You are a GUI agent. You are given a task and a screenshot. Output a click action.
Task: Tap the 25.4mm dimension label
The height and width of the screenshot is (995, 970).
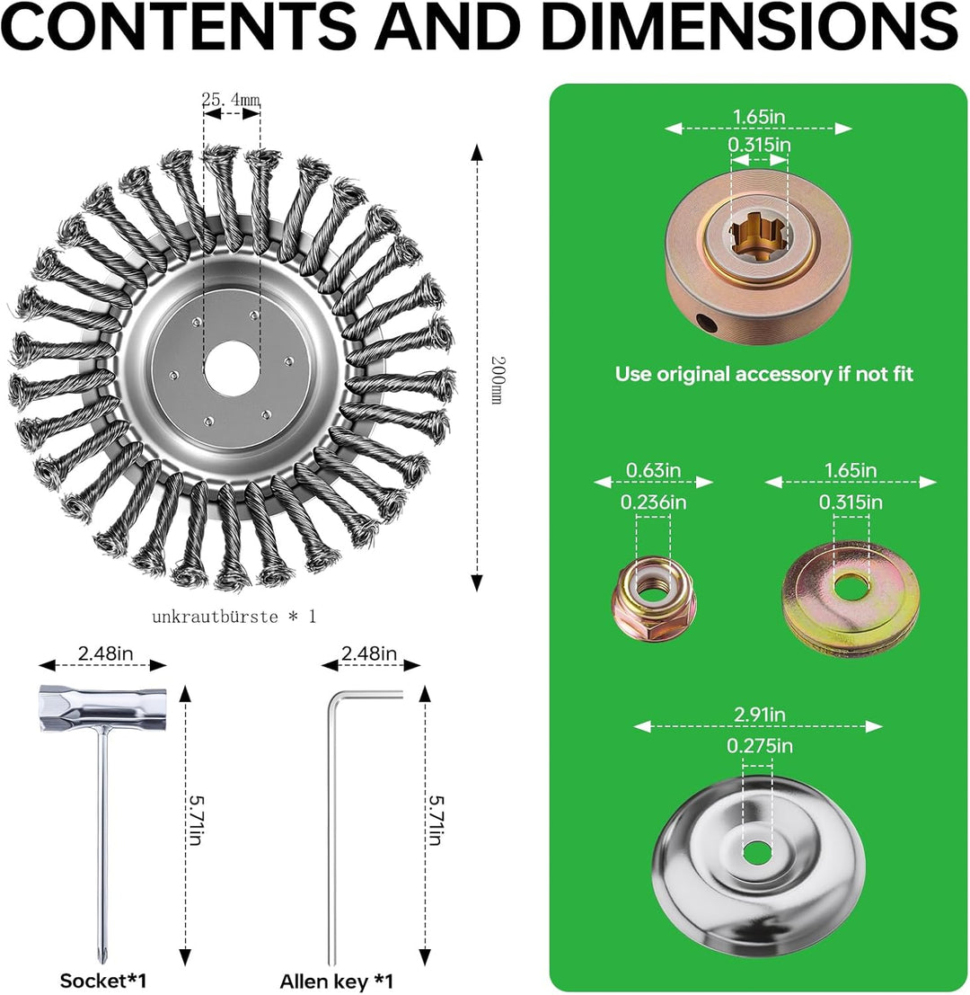click(x=231, y=100)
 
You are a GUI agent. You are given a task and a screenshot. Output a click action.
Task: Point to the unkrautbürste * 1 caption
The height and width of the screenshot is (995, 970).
click(x=234, y=617)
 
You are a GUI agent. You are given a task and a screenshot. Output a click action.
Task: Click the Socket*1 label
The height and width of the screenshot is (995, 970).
click(x=103, y=981)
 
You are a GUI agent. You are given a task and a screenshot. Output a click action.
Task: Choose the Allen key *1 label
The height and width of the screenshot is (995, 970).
click(x=337, y=981)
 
